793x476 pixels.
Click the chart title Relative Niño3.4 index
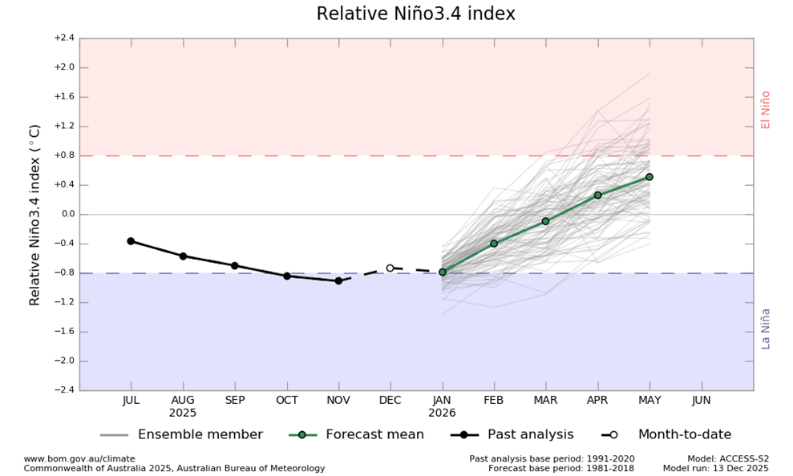pos(415,14)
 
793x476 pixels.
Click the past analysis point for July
pos(131,241)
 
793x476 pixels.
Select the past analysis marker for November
pos(338,280)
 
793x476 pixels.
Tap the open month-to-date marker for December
pos(390,268)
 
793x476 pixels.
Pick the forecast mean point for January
pos(443,272)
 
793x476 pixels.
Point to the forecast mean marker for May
pos(649,176)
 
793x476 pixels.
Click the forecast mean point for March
pos(545,221)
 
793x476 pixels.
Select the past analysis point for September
pos(235,265)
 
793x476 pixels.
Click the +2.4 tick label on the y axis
pos(64,38)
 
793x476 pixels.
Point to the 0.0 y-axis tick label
pos(66,214)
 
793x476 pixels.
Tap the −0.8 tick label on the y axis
pos(64,272)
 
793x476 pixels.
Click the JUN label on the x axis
pos(701,400)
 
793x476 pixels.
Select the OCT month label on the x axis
pos(286,400)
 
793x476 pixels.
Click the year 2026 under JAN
pos(443,413)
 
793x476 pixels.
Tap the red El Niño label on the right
pos(766,109)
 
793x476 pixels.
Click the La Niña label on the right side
pos(766,329)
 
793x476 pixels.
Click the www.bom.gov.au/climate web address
pos(79,458)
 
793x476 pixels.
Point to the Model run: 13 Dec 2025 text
pos(715,468)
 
